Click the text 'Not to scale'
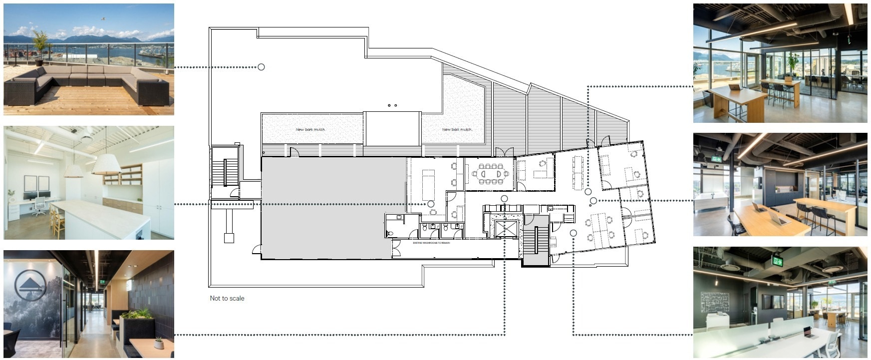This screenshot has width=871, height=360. pyautogui.click(x=227, y=298)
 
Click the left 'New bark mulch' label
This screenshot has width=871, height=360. pyautogui.click(x=310, y=129)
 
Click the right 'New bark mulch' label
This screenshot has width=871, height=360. pyautogui.click(x=457, y=129)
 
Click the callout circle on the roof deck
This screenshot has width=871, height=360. pyautogui.click(x=261, y=67)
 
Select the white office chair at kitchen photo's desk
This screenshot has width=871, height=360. pyautogui.click(x=40, y=206)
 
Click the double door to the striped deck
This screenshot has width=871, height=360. pyautogui.click(x=503, y=152)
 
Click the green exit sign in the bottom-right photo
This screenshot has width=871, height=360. pyautogui.click(x=777, y=260)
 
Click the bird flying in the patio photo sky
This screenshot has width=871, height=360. pyautogui.click(x=103, y=18)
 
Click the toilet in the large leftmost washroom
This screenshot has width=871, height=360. pyautogui.click(x=390, y=233)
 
